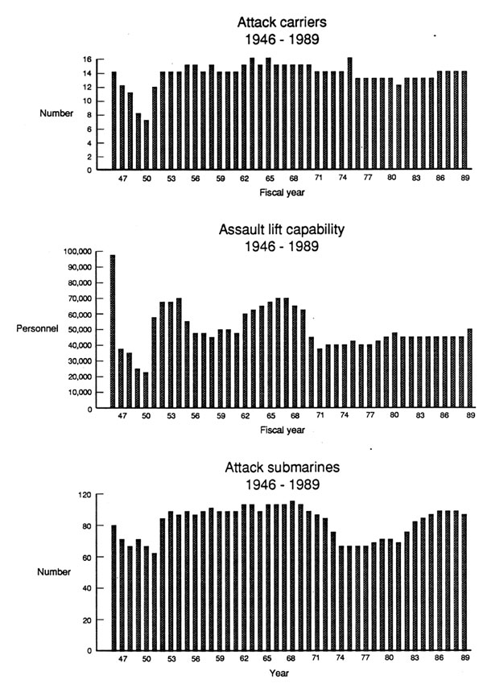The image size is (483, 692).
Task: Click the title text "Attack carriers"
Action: click(x=282, y=22)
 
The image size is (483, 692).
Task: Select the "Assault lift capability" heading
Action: click(x=281, y=229)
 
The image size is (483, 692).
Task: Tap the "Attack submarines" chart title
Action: click(x=282, y=468)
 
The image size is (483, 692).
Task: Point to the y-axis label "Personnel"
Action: click(x=37, y=329)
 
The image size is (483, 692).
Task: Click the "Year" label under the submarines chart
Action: click(x=279, y=673)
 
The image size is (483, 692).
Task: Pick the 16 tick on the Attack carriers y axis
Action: click(x=86, y=59)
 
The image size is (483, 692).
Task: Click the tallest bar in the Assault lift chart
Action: click(x=113, y=331)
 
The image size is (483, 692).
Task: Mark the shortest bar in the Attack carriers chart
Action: click(x=147, y=144)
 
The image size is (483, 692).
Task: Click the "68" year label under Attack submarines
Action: click(x=291, y=658)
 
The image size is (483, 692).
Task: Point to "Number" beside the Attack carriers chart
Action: click(x=56, y=113)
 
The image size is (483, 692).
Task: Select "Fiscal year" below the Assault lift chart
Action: click(x=282, y=430)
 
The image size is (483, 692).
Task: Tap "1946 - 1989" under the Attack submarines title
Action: click(x=282, y=484)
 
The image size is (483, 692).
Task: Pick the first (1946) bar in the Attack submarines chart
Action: click(x=114, y=587)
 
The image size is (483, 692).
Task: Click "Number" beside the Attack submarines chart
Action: click(x=54, y=572)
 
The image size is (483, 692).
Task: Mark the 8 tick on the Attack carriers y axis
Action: click(x=89, y=115)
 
